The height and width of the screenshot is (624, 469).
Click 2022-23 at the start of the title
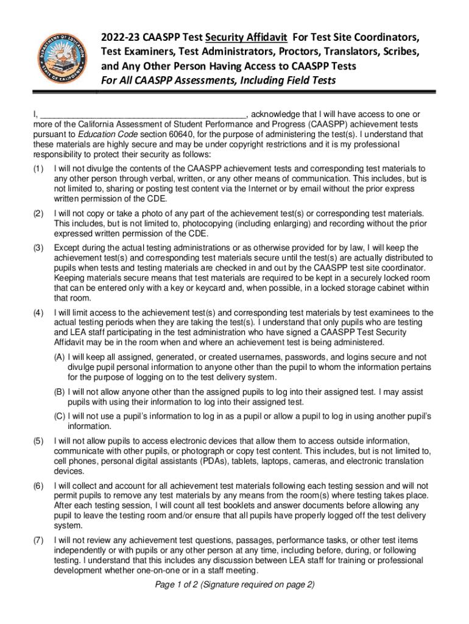point(121,38)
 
